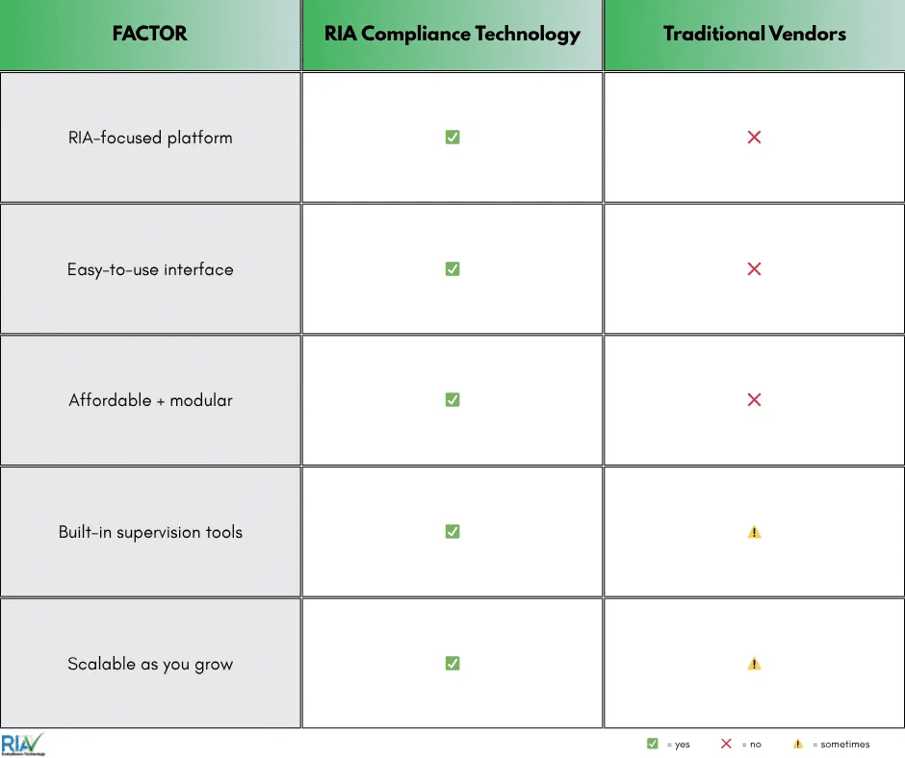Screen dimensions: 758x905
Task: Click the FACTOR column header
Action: (x=149, y=34)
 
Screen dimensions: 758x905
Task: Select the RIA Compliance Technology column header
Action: (x=452, y=34)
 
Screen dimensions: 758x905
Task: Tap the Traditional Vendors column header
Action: (x=754, y=34)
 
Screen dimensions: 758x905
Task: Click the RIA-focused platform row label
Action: (x=150, y=138)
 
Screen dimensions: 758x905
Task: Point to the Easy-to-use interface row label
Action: (x=150, y=269)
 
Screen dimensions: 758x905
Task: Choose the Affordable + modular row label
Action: (x=150, y=400)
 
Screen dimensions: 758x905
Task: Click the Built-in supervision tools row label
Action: (x=150, y=532)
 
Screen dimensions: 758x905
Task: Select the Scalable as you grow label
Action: (x=150, y=664)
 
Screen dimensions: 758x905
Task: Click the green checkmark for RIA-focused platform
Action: (x=452, y=138)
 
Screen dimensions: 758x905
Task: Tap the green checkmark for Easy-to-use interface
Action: (x=452, y=269)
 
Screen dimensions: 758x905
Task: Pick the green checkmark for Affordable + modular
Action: (x=452, y=400)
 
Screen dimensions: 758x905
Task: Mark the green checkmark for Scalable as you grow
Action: (x=452, y=664)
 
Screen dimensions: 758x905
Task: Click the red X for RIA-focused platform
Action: (x=754, y=138)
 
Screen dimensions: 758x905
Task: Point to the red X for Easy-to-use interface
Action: (x=754, y=269)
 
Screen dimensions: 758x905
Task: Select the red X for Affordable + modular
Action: (x=754, y=400)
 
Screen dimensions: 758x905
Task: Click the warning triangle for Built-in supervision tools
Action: (x=754, y=532)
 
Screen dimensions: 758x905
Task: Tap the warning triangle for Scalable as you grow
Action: (x=754, y=664)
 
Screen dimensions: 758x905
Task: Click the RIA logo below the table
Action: (x=22, y=744)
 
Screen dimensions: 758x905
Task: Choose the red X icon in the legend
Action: (x=726, y=744)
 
